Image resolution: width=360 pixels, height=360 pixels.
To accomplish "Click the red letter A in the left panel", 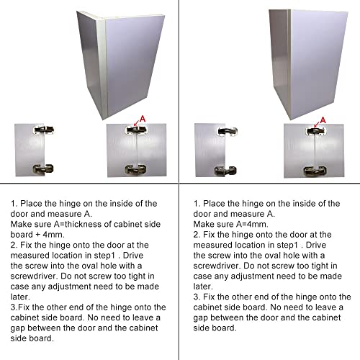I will click(x=143, y=117).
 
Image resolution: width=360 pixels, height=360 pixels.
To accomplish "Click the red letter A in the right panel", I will click(x=321, y=117).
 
